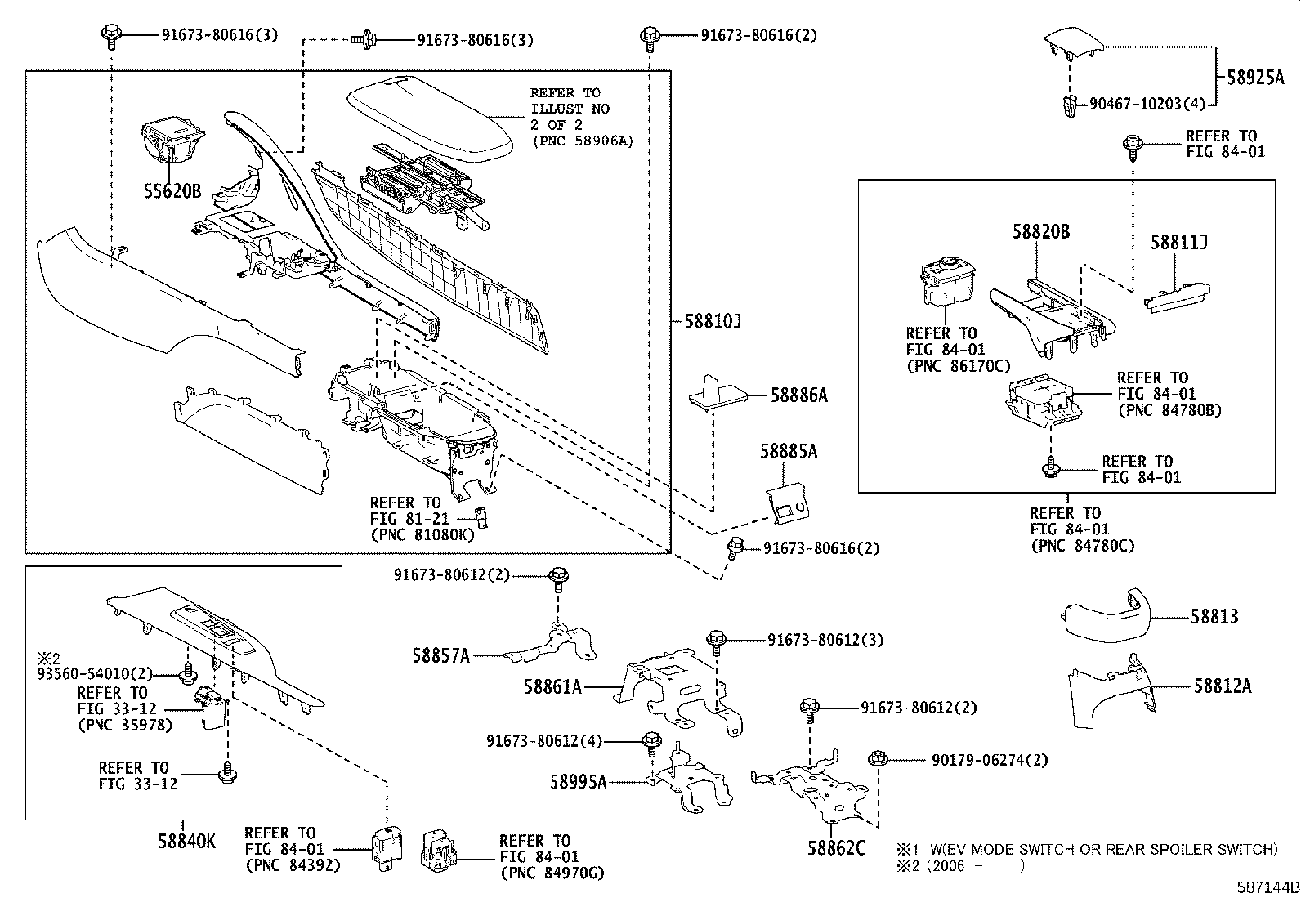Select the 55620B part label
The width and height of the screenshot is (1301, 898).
[x=172, y=192]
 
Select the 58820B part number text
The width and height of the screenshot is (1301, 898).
[x=1040, y=232]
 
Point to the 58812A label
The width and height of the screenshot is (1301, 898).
[x=1222, y=686]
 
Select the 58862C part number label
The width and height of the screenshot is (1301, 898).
[x=836, y=848]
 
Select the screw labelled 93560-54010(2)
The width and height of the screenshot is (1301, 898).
[x=189, y=674]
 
